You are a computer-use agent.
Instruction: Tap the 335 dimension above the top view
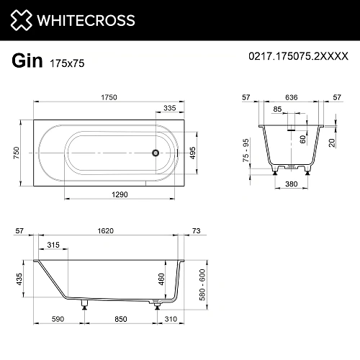(170, 108)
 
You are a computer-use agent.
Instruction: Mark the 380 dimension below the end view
(291, 183)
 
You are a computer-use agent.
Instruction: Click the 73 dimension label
(197, 231)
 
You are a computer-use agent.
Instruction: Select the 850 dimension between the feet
(122, 319)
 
